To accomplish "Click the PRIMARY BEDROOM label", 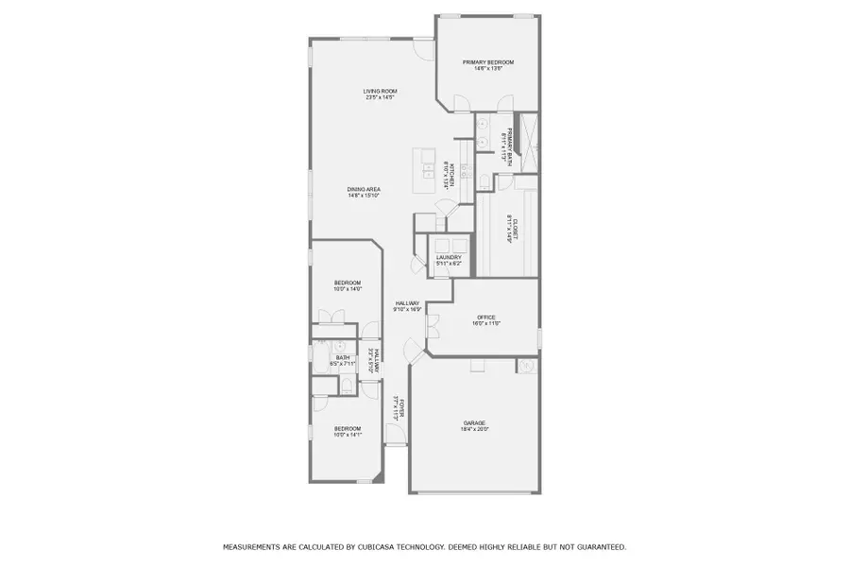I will pos(487,62).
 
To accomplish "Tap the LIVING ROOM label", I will pos(379,91).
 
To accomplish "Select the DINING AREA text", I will pos(363,190).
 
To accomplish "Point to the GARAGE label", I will pos(474,422).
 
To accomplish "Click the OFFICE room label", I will pos(486,317).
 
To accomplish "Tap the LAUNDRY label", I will pos(449,257).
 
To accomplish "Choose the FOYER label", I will pos(401,408).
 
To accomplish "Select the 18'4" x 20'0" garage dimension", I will pos(474,430).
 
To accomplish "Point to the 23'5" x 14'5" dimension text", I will pos(379,97).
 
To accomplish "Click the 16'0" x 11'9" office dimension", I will pos(486,323).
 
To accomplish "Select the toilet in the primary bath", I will pos(483,181).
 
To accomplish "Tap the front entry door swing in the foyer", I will pos(395,436).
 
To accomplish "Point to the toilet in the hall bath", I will pos(346,384).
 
